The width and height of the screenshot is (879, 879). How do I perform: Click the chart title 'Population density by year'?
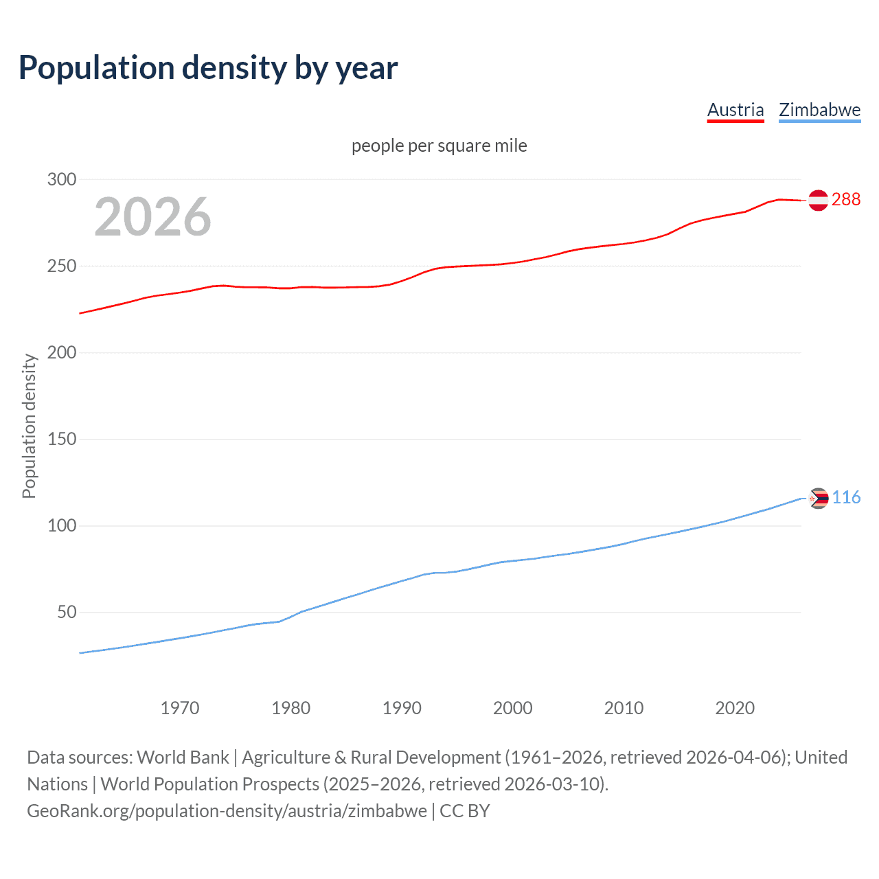coord(208,68)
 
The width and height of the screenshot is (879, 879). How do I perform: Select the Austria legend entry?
coord(735,110)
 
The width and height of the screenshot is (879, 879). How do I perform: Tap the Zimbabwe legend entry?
coord(819,110)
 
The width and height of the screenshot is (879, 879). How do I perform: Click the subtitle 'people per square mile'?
coord(439,146)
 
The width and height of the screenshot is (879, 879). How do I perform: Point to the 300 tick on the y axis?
coord(61,180)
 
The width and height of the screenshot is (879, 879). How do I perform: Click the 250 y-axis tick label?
coord(61,266)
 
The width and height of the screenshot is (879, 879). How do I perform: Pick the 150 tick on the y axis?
coord(61,439)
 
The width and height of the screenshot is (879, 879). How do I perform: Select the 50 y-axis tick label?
coord(67,613)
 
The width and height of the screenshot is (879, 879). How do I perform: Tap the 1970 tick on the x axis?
coord(180,708)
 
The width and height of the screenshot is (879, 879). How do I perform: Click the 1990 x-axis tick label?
coord(402,708)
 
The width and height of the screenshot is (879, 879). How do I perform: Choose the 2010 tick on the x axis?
coord(624,708)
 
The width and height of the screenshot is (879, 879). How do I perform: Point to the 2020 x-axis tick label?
coord(735,708)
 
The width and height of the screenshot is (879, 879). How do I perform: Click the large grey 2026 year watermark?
coord(152,217)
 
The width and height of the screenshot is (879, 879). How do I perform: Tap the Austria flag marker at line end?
coord(818,200)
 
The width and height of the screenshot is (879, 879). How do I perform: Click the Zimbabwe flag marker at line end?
coord(818,498)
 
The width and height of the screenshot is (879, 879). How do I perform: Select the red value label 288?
coord(845,200)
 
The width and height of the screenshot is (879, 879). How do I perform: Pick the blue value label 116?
coord(846,498)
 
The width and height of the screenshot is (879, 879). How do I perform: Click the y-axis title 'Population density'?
coord(29,426)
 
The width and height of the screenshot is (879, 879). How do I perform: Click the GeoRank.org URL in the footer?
coord(227,811)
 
